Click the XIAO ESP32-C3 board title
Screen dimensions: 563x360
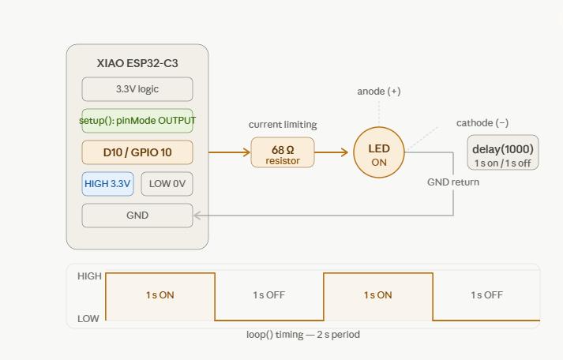coord(137,63)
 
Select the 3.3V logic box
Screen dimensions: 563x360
coord(137,89)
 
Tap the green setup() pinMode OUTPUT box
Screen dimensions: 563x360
coord(137,121)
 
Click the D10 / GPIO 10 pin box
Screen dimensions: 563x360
coord(137,152)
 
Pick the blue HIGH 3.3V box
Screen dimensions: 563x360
coord(107,184)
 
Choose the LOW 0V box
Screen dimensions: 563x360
coord(167,184)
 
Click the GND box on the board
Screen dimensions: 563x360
coord(137,216)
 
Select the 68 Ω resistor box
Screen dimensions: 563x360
coord(283,152)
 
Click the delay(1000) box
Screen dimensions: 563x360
coord(503,152)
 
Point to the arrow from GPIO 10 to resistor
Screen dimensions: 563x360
coord(230,152)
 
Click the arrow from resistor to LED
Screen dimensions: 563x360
coord(332,152)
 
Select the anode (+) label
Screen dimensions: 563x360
coord(379,91)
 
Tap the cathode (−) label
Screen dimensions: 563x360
coord(482,122)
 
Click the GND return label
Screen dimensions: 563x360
coord(453,182)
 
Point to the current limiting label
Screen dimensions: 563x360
coord(283,125)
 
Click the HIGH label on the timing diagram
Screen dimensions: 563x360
coord(89,276)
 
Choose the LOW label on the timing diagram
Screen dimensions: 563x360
coord(88,318)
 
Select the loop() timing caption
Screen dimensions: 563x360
coord(303,335)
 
